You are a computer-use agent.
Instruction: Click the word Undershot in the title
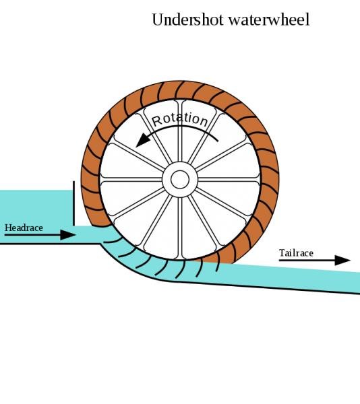tap(187, 20)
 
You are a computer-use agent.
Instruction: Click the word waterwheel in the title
tap(269, 20)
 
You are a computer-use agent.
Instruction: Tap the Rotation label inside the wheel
tap(180, 119)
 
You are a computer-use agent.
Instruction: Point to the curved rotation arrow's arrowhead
tap(143, 141)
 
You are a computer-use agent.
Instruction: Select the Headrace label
tap(24, 228)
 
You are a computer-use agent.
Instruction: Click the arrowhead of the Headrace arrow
tap(68, 235)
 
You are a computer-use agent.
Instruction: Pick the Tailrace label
tap(296, 253)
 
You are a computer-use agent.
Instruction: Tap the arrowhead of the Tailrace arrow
tap(342, 260)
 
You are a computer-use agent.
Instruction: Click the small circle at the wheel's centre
tap(180, 180)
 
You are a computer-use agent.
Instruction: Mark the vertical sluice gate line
tap(73, 203)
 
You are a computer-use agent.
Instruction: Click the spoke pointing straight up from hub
tap(180, 131)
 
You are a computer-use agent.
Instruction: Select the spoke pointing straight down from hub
tap(180, 228)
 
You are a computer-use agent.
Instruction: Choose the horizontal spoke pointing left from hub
tap(131, 180)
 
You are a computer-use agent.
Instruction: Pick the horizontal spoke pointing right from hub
tap(229, 180)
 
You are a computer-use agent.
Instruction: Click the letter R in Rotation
tap(156, 121)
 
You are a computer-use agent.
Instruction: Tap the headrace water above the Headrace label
tap(36, 206)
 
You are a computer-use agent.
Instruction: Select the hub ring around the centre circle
tap(180, 166)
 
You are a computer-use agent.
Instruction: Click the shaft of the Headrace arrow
tap(32, 235)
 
